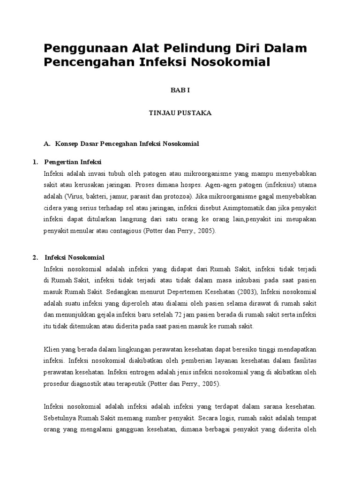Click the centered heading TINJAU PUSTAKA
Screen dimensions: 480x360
click(180, 113)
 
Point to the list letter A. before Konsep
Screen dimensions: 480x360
click(47, 143)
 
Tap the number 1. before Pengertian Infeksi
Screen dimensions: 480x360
click(35, 163)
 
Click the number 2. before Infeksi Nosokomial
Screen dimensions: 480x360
click(35, 258)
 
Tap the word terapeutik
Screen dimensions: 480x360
click(133, 384)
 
